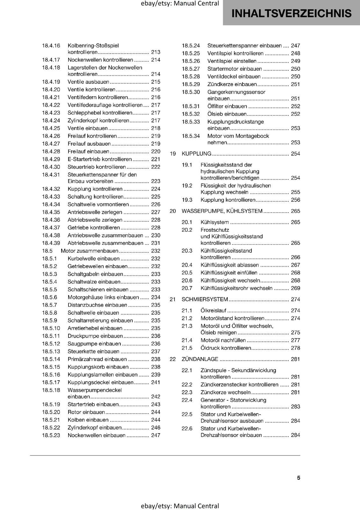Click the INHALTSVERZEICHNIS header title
[291, 13]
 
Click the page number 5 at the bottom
[299, 478]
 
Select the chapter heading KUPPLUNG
[196, 154]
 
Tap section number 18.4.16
[51, 46]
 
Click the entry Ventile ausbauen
[88, 82]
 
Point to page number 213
[156, 52]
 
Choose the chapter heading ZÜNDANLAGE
[200, 359]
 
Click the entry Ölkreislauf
[213, 310]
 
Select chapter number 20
[173, 211]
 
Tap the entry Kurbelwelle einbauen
[94, 259]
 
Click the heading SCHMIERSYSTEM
[205, 299]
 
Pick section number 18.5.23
[51, 435]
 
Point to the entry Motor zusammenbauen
[89, 251]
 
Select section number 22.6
[187, 429]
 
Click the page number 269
[295, 288]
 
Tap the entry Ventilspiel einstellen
[232, 61]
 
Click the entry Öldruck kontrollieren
[226, 348]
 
